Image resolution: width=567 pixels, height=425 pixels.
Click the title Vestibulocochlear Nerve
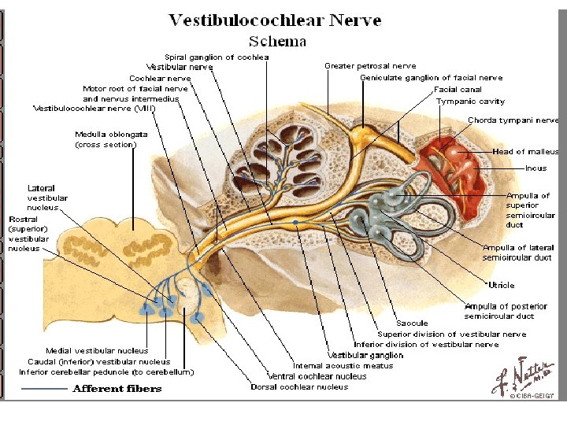276,20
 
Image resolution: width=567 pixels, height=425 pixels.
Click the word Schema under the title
277,40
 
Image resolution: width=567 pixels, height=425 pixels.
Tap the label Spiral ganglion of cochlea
217,57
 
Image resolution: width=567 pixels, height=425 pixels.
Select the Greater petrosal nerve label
370,66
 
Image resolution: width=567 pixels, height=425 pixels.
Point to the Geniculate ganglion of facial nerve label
431,78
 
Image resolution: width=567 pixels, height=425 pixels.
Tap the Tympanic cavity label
470,102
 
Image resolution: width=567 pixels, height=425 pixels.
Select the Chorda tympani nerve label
513,120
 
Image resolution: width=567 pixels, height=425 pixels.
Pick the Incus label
535,168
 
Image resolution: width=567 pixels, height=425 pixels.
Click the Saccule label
413,323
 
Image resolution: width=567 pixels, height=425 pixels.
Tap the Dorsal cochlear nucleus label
299,386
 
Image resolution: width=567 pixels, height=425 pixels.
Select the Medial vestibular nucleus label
97,351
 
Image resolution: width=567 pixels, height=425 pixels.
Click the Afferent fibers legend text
117,389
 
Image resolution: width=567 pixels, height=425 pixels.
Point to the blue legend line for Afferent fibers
44,389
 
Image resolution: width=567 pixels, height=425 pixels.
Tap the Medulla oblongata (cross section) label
106,139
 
